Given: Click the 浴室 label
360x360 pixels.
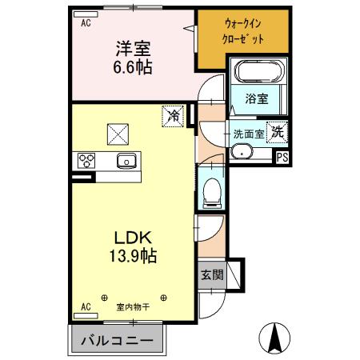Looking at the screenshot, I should (x=256, y=99).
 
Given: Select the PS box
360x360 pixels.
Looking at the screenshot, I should (x=282, y=157).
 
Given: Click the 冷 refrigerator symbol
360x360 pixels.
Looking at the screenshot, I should (x=174, y=116).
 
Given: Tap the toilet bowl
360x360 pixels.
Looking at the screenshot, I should (x=213, y=190).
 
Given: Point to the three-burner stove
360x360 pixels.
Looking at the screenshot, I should (x=86, y=160).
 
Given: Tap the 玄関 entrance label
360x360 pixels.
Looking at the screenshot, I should (x=212, y=274).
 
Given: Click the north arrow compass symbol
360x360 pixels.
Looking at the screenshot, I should (x=274, y=338).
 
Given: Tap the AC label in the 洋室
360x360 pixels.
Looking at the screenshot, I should (x=85, y=23).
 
